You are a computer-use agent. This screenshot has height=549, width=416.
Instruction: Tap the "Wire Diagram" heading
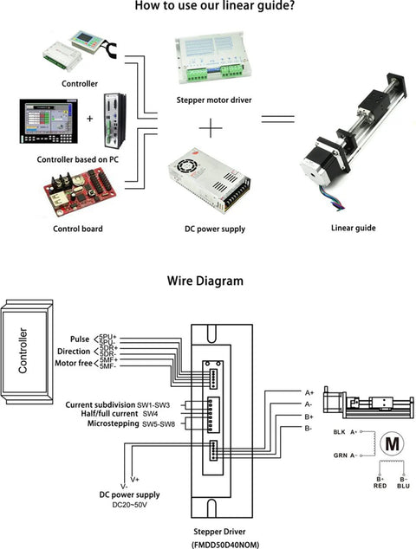[x=205, y=281]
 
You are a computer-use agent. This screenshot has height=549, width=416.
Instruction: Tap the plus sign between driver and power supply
[x=211, y=127]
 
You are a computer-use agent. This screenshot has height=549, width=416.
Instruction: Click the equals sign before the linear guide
[x=278, y=122]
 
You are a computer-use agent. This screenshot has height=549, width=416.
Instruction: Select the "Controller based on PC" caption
[x=78, y=160]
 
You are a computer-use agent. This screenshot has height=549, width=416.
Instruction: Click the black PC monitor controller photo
[x=48, y=122]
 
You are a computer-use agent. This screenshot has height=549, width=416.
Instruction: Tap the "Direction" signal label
[x=74, y=352]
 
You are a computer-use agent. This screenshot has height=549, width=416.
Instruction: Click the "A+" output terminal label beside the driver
[x=309, y=392]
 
